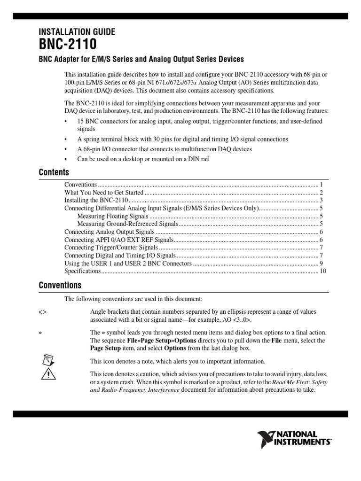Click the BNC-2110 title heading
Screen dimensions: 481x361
[x=68, y=45]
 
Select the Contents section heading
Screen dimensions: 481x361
[x=54, y=172]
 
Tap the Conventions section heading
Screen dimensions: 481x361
[x=60, y=285]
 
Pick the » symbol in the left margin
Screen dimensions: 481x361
[x=40, y=332]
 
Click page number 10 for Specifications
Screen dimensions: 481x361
[x=322, y=272]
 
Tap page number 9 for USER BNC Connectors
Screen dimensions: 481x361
[x=321, y=264]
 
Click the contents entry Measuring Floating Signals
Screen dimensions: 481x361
[x=113, y=216]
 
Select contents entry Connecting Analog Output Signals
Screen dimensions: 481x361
[x=109, y=232]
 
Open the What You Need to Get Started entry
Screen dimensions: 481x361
[x=103, y=193]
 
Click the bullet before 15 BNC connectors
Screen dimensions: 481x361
[x=66, y=121]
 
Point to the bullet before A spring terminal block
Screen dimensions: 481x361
[x=66, y=140]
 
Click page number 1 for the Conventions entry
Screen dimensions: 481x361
[x=321, y=185]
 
